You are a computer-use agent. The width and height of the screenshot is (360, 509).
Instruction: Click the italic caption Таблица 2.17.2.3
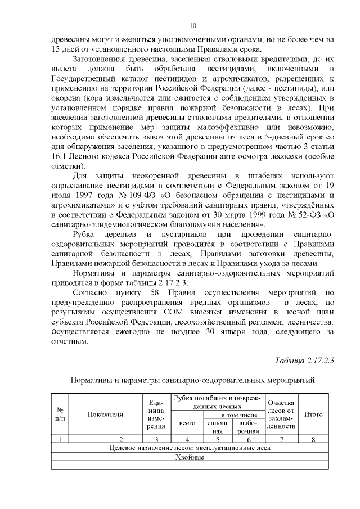click(x=304, y=360)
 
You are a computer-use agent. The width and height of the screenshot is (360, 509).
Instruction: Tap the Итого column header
click(x=313, y=415)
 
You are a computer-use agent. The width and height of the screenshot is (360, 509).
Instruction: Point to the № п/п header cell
click(x=60, y=415)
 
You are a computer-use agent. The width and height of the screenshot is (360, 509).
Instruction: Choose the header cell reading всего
click(x=187, y=422)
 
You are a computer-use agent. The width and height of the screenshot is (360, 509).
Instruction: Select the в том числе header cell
click(x=233, y=414)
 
